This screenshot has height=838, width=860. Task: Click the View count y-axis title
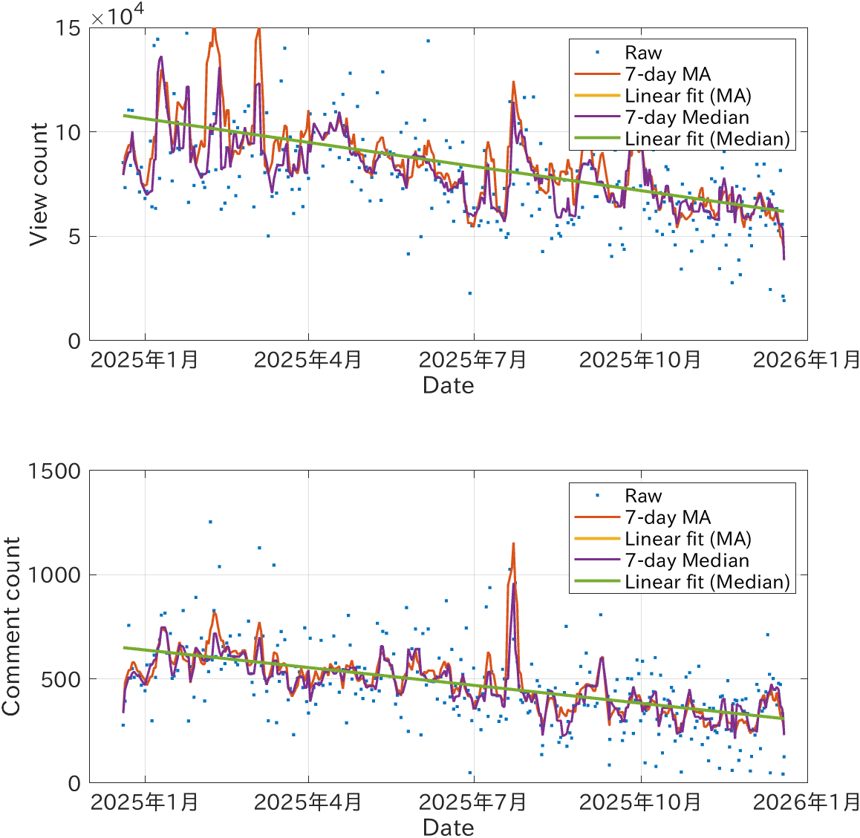pyautogui.click(x=39, y=184)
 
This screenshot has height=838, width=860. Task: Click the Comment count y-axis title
pyautogui.click(x=11, y=627)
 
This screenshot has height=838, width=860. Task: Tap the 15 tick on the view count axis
pyautogui.click(x=68, y=28)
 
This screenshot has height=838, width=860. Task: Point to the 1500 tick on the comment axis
pyautogui.click(x=54, y=471)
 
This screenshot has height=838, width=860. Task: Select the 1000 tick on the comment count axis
pyautogui.click(x=54, y=575)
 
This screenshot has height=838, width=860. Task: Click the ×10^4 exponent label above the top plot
pyautogui.click(x=117, y=16)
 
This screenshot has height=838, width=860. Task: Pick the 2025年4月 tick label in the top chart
pyautogui.click(x=307, y=360)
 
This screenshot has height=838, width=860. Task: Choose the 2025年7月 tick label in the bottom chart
pyautogui.click(x=472, y=802)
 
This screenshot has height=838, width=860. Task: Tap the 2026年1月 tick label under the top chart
pyautogui.click(x=806, y=360)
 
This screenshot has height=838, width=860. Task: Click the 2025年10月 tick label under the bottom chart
pyautogui.click(x=639, y=802)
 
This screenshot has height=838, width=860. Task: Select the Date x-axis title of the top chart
pyautogui.click(x=448, y=385)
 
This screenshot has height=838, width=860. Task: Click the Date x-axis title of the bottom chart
pyautogui.click(x=448, y=828)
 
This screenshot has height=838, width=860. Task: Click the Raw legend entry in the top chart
pyautogui.click(x=643, y=53)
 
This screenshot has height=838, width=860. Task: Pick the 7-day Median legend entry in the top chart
pyautogui.click(x=687, y=117)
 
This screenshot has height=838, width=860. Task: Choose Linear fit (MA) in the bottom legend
pyautogui.click(x=688, y=539)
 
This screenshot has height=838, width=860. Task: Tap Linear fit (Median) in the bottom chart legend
pyautogui.click(x=707, y=582)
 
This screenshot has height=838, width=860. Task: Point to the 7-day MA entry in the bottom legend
pyautogui.click(x=668, y=517)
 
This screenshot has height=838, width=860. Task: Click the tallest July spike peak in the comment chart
pyautogui.click(x=512, y=544)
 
